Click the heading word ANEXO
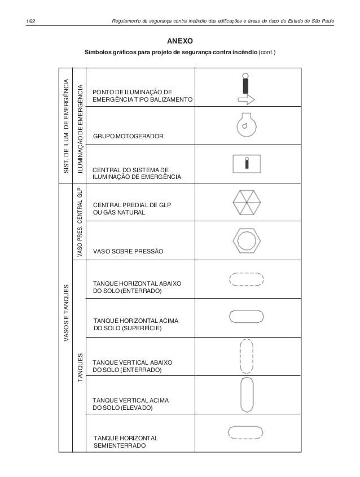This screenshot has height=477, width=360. (181, 41)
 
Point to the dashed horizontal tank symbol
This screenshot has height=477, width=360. (245, 279)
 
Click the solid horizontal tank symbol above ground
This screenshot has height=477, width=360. (245, 317)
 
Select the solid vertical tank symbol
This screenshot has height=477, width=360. (245, 395)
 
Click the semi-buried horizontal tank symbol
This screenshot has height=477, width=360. (245, 433)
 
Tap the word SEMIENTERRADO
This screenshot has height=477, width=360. (120, 445)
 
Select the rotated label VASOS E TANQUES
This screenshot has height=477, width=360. (65, 313)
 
